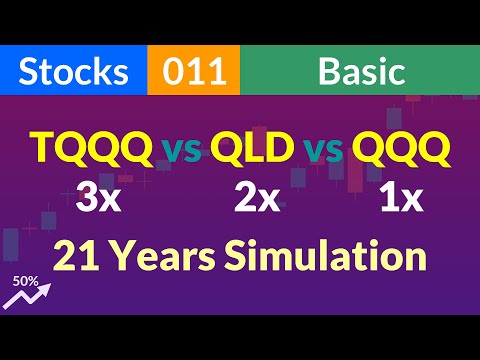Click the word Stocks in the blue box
pos(74,72)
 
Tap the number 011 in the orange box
pos(192,72)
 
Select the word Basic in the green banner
pos(361,72)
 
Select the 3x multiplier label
pos(97,197)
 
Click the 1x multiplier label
pos(402,197)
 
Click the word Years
pos(165,256)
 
